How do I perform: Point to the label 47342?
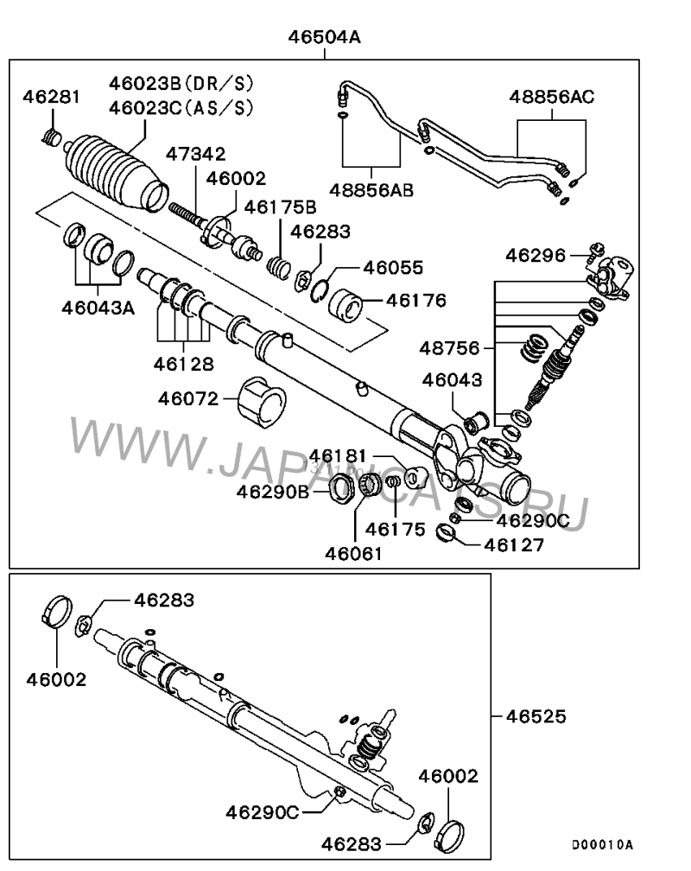pyautogui.click(x=196, y=155)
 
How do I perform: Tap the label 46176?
pyautogui.click(x=416, y=301)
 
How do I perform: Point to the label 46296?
pyautogui.click(x=536, y=255)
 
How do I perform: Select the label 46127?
pyautogui.click(x=513, y=544)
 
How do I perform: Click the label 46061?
pyautogui.click(x=354, y=550)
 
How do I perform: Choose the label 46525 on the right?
pyautogui.click(x=536, y=716)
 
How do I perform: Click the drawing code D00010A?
pyautogui.click(x=602, y=844)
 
